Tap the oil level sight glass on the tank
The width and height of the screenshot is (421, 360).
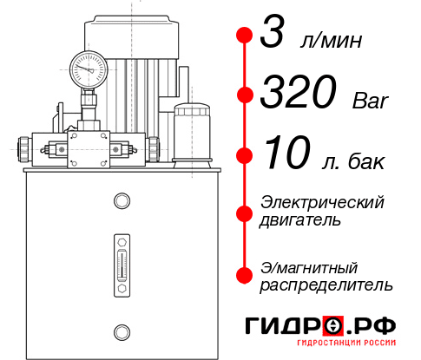[121, 259]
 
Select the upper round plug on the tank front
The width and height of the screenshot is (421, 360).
[121, 202]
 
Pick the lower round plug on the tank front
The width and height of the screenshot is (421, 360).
[121, 331]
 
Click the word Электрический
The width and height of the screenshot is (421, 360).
[321, 202]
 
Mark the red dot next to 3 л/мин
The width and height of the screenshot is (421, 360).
[245, 36]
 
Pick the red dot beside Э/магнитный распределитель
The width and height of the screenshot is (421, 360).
[245, 275]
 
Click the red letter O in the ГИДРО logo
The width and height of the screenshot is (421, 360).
[334, 327]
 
